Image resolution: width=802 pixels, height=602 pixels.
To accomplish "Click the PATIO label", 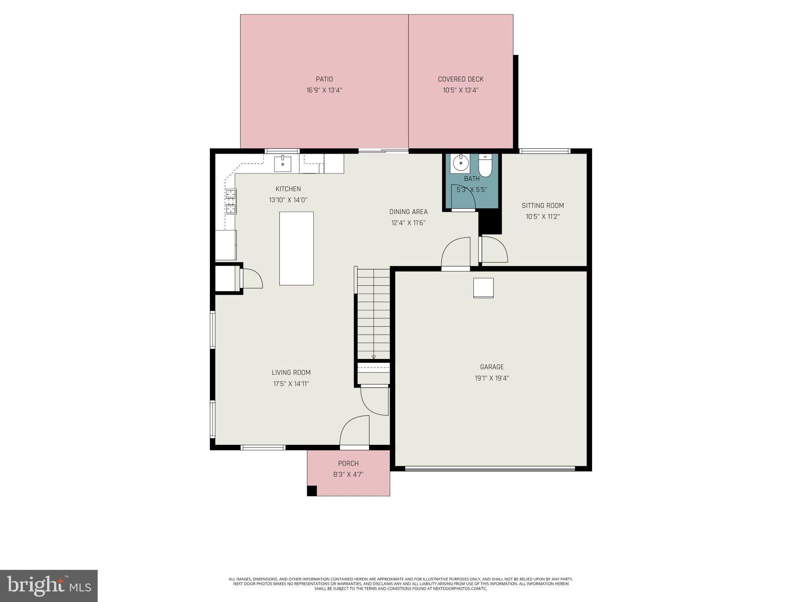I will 324,79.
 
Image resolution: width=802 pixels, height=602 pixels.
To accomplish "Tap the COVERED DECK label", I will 460,79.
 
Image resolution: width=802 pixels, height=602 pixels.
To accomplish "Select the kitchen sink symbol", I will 282,163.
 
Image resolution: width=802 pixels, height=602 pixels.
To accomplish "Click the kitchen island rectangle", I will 297,248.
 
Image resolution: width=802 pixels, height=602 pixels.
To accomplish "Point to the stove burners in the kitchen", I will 231,201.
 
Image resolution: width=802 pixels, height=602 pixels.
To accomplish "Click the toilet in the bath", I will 485,165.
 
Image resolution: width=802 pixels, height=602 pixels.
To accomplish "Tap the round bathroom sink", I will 459,163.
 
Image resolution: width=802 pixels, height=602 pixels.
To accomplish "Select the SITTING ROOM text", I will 542,206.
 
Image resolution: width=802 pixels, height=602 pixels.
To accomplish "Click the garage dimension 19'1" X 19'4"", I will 491,378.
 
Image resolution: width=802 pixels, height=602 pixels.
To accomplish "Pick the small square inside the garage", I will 483,288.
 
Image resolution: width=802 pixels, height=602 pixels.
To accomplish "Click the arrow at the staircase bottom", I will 374,357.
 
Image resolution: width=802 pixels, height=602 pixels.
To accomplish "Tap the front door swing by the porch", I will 355,432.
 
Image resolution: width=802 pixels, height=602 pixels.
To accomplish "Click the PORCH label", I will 348,463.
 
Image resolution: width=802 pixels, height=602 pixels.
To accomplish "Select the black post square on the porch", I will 311,491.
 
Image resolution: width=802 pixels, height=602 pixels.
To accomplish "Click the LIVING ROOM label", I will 291,373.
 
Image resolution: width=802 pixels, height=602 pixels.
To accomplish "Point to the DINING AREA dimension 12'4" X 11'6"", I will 408,223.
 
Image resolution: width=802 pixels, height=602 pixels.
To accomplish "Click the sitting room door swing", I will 494,250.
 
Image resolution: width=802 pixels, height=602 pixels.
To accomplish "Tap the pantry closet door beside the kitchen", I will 252,279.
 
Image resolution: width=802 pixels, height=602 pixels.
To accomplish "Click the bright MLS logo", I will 48,586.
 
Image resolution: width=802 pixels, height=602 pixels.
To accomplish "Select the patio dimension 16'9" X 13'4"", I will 324,90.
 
